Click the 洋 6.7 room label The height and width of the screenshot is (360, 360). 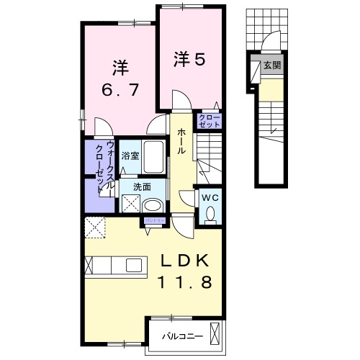[x=120, y=80]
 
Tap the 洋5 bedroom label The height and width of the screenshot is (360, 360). [x=189, y=60]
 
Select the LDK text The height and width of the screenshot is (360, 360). [x=184, y=260]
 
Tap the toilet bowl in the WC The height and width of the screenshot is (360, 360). [x=211, y=214]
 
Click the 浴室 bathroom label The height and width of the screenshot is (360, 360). [x=130, y=156]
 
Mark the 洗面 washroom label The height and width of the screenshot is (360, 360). [x=141, y=186]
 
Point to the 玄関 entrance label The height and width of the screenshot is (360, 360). [x=271, y=66]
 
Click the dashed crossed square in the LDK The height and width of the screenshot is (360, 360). [x=96, y=226]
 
